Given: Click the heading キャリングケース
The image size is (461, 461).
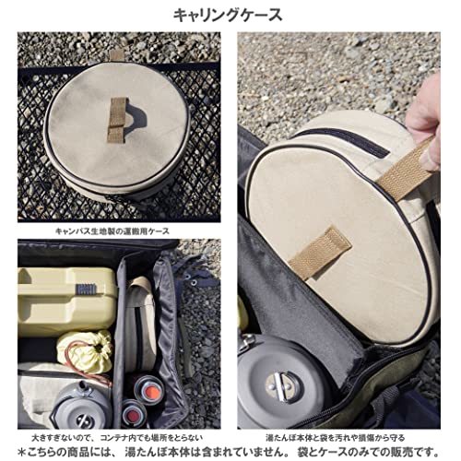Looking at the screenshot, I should pyautogui.click(x=230, y=15).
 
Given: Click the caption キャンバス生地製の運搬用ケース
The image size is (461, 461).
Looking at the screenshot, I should pyautogui.click(x=119, y=231).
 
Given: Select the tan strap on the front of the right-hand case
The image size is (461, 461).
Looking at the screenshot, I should pyautogui.click(x=319, y=253).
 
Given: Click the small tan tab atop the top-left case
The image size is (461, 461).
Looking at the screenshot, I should pyautogui.click(x=117, y=53).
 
